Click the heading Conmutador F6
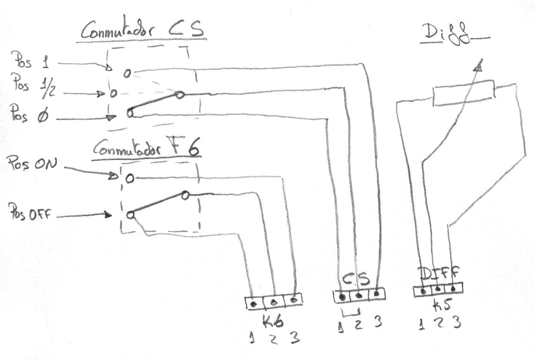pos(147,149)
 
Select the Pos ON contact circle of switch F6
pos(129,178)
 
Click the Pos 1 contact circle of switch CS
pos(128,73)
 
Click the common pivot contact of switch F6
pos(186,195)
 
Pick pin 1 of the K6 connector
pos(254,304)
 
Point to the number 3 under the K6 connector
pos(294,338)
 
